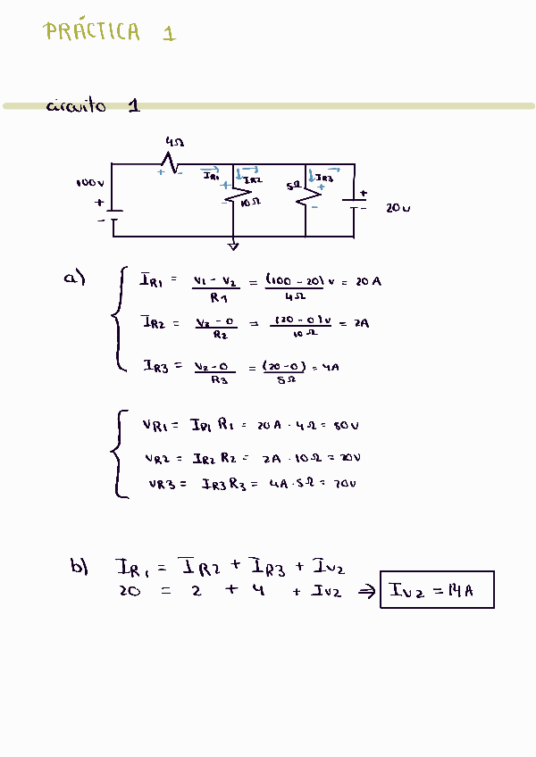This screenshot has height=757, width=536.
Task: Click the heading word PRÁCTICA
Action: [92, 32]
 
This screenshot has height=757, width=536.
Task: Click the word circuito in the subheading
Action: [76, 106]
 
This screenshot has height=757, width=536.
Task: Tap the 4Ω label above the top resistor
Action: [175, 142]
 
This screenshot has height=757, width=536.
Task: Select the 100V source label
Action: [90, 183]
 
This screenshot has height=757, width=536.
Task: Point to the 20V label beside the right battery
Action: [398, 208]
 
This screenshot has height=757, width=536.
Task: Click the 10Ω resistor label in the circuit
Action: [251, 203]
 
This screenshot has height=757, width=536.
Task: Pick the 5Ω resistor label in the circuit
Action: [292, 187]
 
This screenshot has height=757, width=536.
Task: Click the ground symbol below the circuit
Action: [233, 245]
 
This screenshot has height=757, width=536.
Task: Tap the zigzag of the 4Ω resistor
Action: [169, 163]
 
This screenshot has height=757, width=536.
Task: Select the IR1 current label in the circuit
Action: [211, 177]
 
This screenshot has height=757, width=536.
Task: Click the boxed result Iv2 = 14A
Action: [437, 590]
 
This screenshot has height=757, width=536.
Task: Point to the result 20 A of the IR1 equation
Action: [368, 282]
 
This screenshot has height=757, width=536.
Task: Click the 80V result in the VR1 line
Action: [346, 425]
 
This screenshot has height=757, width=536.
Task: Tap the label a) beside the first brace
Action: [73, 279]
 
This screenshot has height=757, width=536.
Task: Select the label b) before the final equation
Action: [80, 566]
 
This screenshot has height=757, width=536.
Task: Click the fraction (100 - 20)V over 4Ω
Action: [295, 287]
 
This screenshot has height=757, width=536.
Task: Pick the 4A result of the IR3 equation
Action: [331, 367]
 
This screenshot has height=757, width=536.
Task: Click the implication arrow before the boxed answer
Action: [366, 591]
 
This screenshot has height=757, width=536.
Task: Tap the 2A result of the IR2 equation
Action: [361, 323]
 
